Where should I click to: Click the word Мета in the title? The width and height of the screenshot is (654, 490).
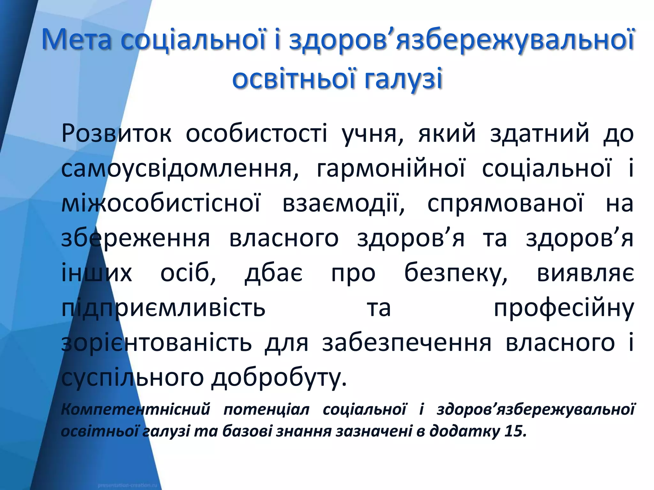pyautogui.click(x=77, y=40)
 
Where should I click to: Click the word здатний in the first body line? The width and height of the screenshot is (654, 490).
pyautogui.click(x=539, y=134)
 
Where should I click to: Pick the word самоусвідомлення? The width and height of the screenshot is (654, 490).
pyautogui.click(x=180, y=169)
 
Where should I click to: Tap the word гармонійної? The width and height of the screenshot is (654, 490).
pyautogui.click(x=391, y=169)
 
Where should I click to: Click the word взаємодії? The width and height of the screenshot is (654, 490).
pyautogui.click(x=344, y=204)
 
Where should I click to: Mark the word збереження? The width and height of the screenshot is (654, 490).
pyautogui.click(x=135, y=239)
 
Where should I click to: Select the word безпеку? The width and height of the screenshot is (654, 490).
pyautogui.click(x=456, y=274)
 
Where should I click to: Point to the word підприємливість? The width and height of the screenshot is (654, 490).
pyautogui.click(x=163, y=309)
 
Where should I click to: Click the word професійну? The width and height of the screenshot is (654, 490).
pyautogui.click(x=564, y=309)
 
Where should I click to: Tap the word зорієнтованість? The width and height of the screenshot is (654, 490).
pyautogui.click(x=156, y=343)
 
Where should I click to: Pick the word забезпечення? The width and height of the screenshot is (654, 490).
pyautogui.click(x=407, y=343)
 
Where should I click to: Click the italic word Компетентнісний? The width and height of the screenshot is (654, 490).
pyautogui.click(x=135, y=409)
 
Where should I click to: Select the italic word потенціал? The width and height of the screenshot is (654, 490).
pyautogui.click(x=267, y=409)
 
